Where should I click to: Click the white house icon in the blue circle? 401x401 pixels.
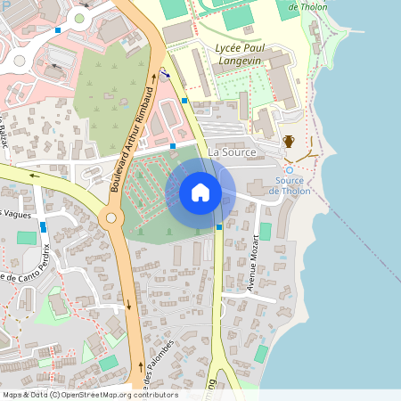coord(200,192)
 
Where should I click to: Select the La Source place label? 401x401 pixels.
coord(232,152)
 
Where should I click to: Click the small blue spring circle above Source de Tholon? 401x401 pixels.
coord(289,170)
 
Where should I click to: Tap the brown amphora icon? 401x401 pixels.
coord(289,141)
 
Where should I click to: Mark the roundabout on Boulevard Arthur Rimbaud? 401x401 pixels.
coord(110,217)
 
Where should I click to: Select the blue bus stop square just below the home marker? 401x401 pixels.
coord(219,226)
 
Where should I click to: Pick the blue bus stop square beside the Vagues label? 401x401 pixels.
coord(43,227)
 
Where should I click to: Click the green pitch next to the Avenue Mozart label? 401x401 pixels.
coord(265,232)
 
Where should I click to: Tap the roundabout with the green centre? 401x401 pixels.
coord(79,18)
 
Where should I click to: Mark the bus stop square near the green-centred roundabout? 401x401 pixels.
coord(58,30)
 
